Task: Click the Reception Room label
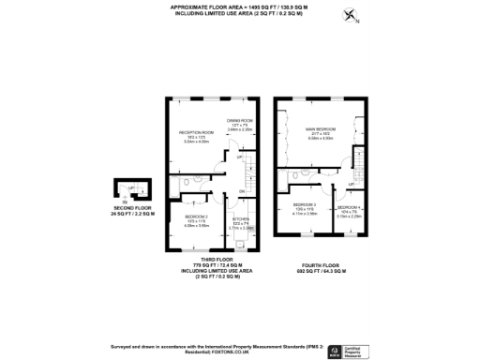(197, 133)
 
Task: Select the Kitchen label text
(239, 221)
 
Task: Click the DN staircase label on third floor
(242, 192)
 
